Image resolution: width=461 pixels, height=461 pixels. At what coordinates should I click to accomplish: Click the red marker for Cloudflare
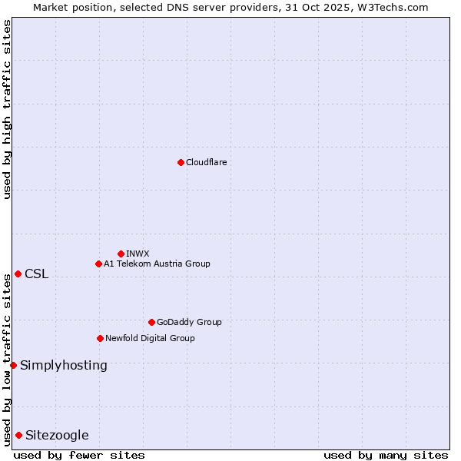pyautogui.click(x=181, y=162)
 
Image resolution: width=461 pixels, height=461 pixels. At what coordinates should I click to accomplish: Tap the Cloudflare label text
pyautogui.click(x=206, y=162)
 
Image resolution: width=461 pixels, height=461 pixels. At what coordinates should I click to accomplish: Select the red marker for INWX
pyautogui.click(x=121, y=254)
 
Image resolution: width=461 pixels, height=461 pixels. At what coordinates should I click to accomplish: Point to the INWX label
pyautogui.click(x=138, y=254)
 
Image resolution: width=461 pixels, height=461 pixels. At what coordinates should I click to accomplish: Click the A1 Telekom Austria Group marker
pyautogui.click(x=98, y=264)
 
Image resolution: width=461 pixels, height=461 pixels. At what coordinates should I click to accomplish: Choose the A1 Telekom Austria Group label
pyautogui.click(x=157, y=264)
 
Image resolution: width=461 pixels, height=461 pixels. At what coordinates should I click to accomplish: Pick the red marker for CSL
pyautogui.click(x=18, y=274)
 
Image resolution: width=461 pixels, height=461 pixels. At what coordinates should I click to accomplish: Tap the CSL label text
pyautogui.click(x=36, y=274)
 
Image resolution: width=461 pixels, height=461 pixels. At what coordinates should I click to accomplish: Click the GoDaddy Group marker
pyautogui.click(x=151, y=322)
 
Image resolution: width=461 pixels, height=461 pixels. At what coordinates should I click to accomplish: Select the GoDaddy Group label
pyautogui.click(x=189, y=322)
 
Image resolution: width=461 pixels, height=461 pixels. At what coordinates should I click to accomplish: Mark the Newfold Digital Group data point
pyautogui.click(x=100, y=338)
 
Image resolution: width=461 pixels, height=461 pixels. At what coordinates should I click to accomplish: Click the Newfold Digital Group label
pyautogui.click(x=150, y=338)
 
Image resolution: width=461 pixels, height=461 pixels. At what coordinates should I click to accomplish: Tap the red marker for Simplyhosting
pyautogui.click(x=13, y=365)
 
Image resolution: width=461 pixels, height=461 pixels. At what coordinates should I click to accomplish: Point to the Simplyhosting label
pyautogui.click(x=64, y=366)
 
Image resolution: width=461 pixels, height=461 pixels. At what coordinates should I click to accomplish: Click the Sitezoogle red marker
pyautogui.click(x=18, y=435)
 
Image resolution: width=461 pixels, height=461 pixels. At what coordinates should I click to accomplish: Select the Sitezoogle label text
pyautogui.click(x=57, y=436)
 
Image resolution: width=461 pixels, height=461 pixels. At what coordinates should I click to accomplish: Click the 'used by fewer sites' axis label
pyautogui.click(x=79, y=455)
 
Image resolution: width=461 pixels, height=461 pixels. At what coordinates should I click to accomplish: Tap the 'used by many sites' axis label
pyautogui.click(x=386, y=455)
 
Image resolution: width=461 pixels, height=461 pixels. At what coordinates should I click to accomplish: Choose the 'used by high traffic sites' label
pyautogui.click(x=7, y=109)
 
